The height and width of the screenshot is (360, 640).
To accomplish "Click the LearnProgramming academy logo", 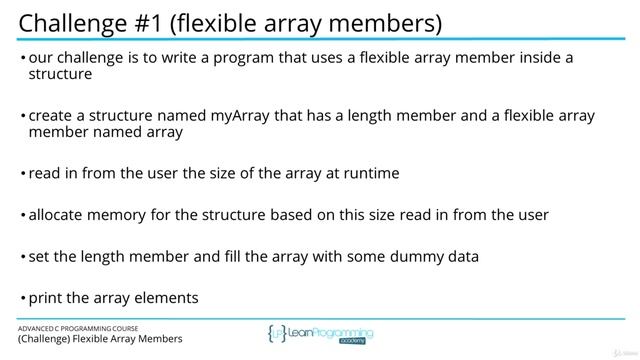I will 319,335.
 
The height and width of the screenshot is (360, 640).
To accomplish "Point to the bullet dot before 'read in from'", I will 22,174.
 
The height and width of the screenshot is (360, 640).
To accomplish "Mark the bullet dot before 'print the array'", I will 22,298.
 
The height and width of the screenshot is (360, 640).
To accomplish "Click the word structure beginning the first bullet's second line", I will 61,74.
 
